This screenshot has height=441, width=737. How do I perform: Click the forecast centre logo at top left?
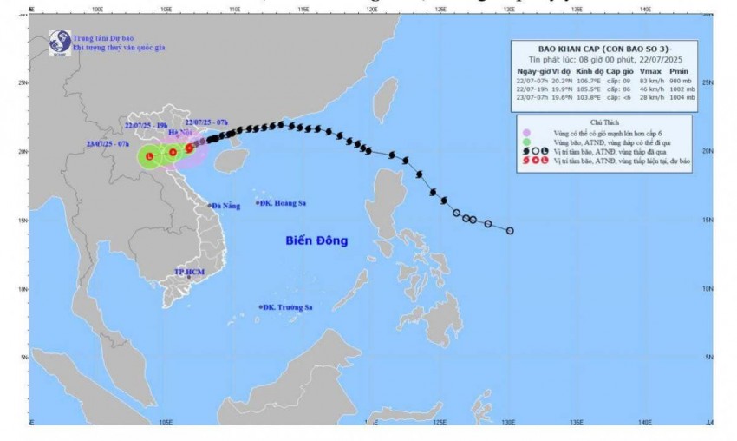pyautogui.click(x=59, y=41)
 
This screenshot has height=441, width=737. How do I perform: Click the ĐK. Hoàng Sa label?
pyautogui.click(x=282, y=203)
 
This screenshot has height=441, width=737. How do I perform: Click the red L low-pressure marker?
pyautogui.click(x=149, y=156)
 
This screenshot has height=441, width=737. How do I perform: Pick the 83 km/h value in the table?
pyautogui.click(x=638, y=81)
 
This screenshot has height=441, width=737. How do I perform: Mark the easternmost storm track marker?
pyautogui.click(x=510, y=231)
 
